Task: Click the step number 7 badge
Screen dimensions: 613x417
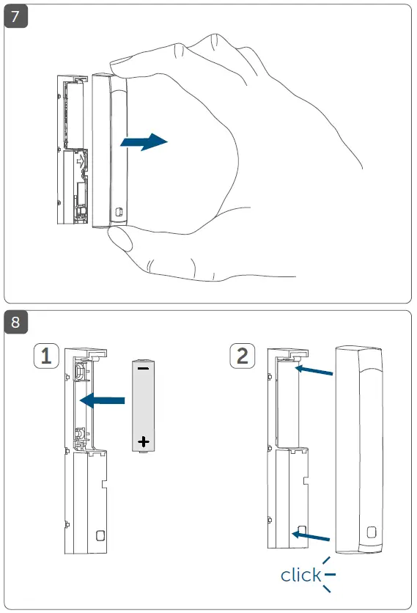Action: [x=16, y=16]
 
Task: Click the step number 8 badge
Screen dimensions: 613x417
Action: [x=16, y=323]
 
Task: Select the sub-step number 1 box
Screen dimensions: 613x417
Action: [x=47, y=357]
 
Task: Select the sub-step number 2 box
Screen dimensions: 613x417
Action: [x=243, y=357]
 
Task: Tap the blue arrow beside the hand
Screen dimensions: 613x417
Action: [x=143, y=142]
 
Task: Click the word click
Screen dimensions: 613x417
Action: [x=300, y=575]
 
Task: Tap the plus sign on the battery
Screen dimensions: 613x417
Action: [x=143, y=441]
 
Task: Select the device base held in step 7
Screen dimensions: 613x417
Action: [x=73, y=147]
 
